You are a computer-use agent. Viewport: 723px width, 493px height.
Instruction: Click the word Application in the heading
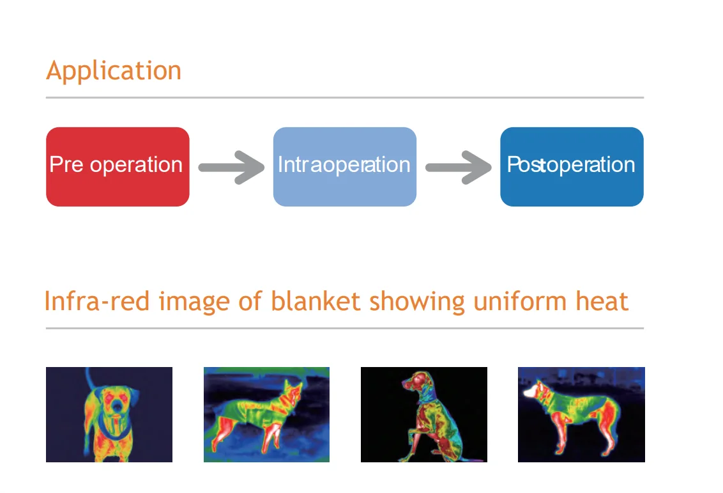[114, 71]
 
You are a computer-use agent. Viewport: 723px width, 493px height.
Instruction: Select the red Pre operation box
[118, 167]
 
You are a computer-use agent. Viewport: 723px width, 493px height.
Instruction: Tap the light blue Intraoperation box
[345, 167]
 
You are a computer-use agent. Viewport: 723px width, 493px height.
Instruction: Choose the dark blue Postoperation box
[572, 167]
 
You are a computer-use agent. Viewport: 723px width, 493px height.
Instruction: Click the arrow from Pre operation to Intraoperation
[231, 167]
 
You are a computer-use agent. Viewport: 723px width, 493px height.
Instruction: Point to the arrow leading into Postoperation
[459, 167]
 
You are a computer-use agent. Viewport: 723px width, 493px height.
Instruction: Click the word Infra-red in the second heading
[97, 301]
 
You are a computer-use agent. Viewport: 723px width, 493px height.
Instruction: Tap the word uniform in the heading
[520, 301]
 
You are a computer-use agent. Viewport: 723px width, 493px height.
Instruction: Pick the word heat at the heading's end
[602, 301]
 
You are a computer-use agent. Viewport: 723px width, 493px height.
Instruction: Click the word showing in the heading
[417, 302]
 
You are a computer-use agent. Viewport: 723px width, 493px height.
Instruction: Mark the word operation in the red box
[136, 165]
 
